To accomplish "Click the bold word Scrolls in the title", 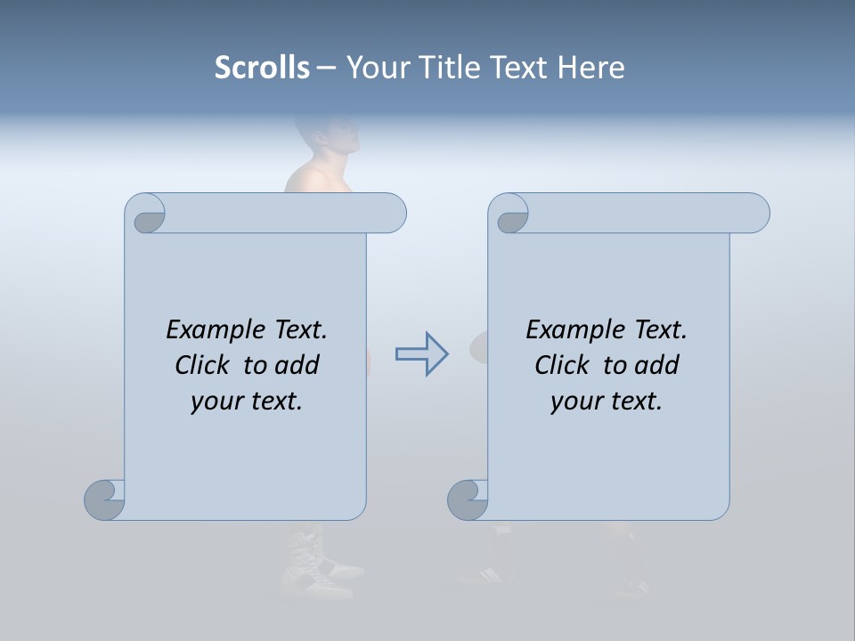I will pyautogui.click(x=263, y=68).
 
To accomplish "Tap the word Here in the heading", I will pyautogui.click(x=591, y=68).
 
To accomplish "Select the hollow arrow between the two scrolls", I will pyautogui.click(x=421, y=354).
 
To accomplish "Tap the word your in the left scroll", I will pyautogui.click(x=214, y=402).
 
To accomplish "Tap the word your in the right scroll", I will pyautogui.click(x=574, y=402).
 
